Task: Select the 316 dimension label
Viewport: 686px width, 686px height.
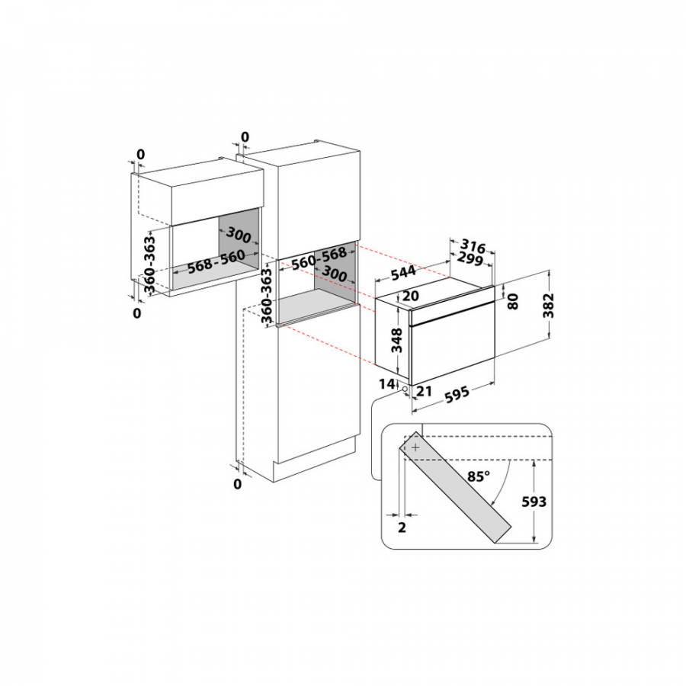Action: [x=473, y=248]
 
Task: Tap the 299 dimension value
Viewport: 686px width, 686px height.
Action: [x=470, y=262]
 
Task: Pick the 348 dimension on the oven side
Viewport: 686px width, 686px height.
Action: [x=395, y=341]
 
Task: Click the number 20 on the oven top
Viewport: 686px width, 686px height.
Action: [x=412, y=296]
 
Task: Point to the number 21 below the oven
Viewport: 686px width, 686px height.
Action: [x=425, y=392]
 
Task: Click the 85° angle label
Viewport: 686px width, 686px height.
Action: [x=478, y=477]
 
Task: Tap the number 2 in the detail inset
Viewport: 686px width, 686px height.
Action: [x=402, y=526]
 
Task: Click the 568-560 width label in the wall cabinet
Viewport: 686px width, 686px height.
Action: [x=206, y=263]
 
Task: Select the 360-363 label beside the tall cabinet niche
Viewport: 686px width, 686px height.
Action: [x=267, y=297]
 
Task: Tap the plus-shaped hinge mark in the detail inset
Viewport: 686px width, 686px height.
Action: [x=415, y=448]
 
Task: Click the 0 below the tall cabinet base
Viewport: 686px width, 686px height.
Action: [x=237, y=483]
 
